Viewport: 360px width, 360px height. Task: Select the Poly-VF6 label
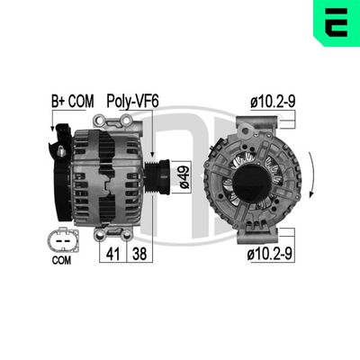click(x=132, y=102)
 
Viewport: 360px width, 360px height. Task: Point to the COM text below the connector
click(x=59, y=262)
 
